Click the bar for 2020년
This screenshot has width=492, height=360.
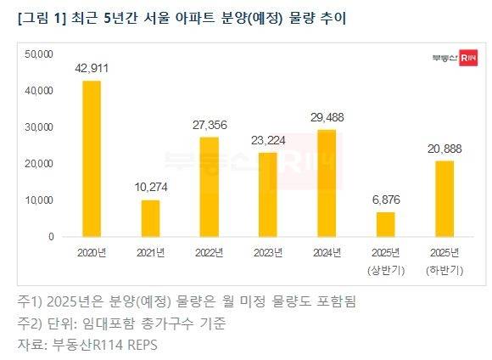click(92, 159)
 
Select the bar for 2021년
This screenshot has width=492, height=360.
click(150, 218)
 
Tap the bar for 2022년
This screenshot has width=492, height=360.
click(209, 187)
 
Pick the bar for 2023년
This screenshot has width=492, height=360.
click(267, 194)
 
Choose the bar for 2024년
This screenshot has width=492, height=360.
click(326, 183)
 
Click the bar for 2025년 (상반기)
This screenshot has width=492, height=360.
click(385, 224)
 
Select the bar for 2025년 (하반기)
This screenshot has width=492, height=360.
click(444, 199)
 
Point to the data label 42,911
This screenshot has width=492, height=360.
click(92, 67)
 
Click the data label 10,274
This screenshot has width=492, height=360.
click(150, 187)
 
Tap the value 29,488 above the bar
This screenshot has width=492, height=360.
click(326, 117)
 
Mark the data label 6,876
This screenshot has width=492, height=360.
click(385, 200)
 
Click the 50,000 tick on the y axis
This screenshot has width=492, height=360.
click(40, 53)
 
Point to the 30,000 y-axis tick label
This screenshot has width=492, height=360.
click(40, 127)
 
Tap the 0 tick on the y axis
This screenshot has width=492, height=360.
click(51, 237)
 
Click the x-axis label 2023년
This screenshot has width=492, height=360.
click(267, 253)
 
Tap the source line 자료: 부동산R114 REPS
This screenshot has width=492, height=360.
click(87, 345)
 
